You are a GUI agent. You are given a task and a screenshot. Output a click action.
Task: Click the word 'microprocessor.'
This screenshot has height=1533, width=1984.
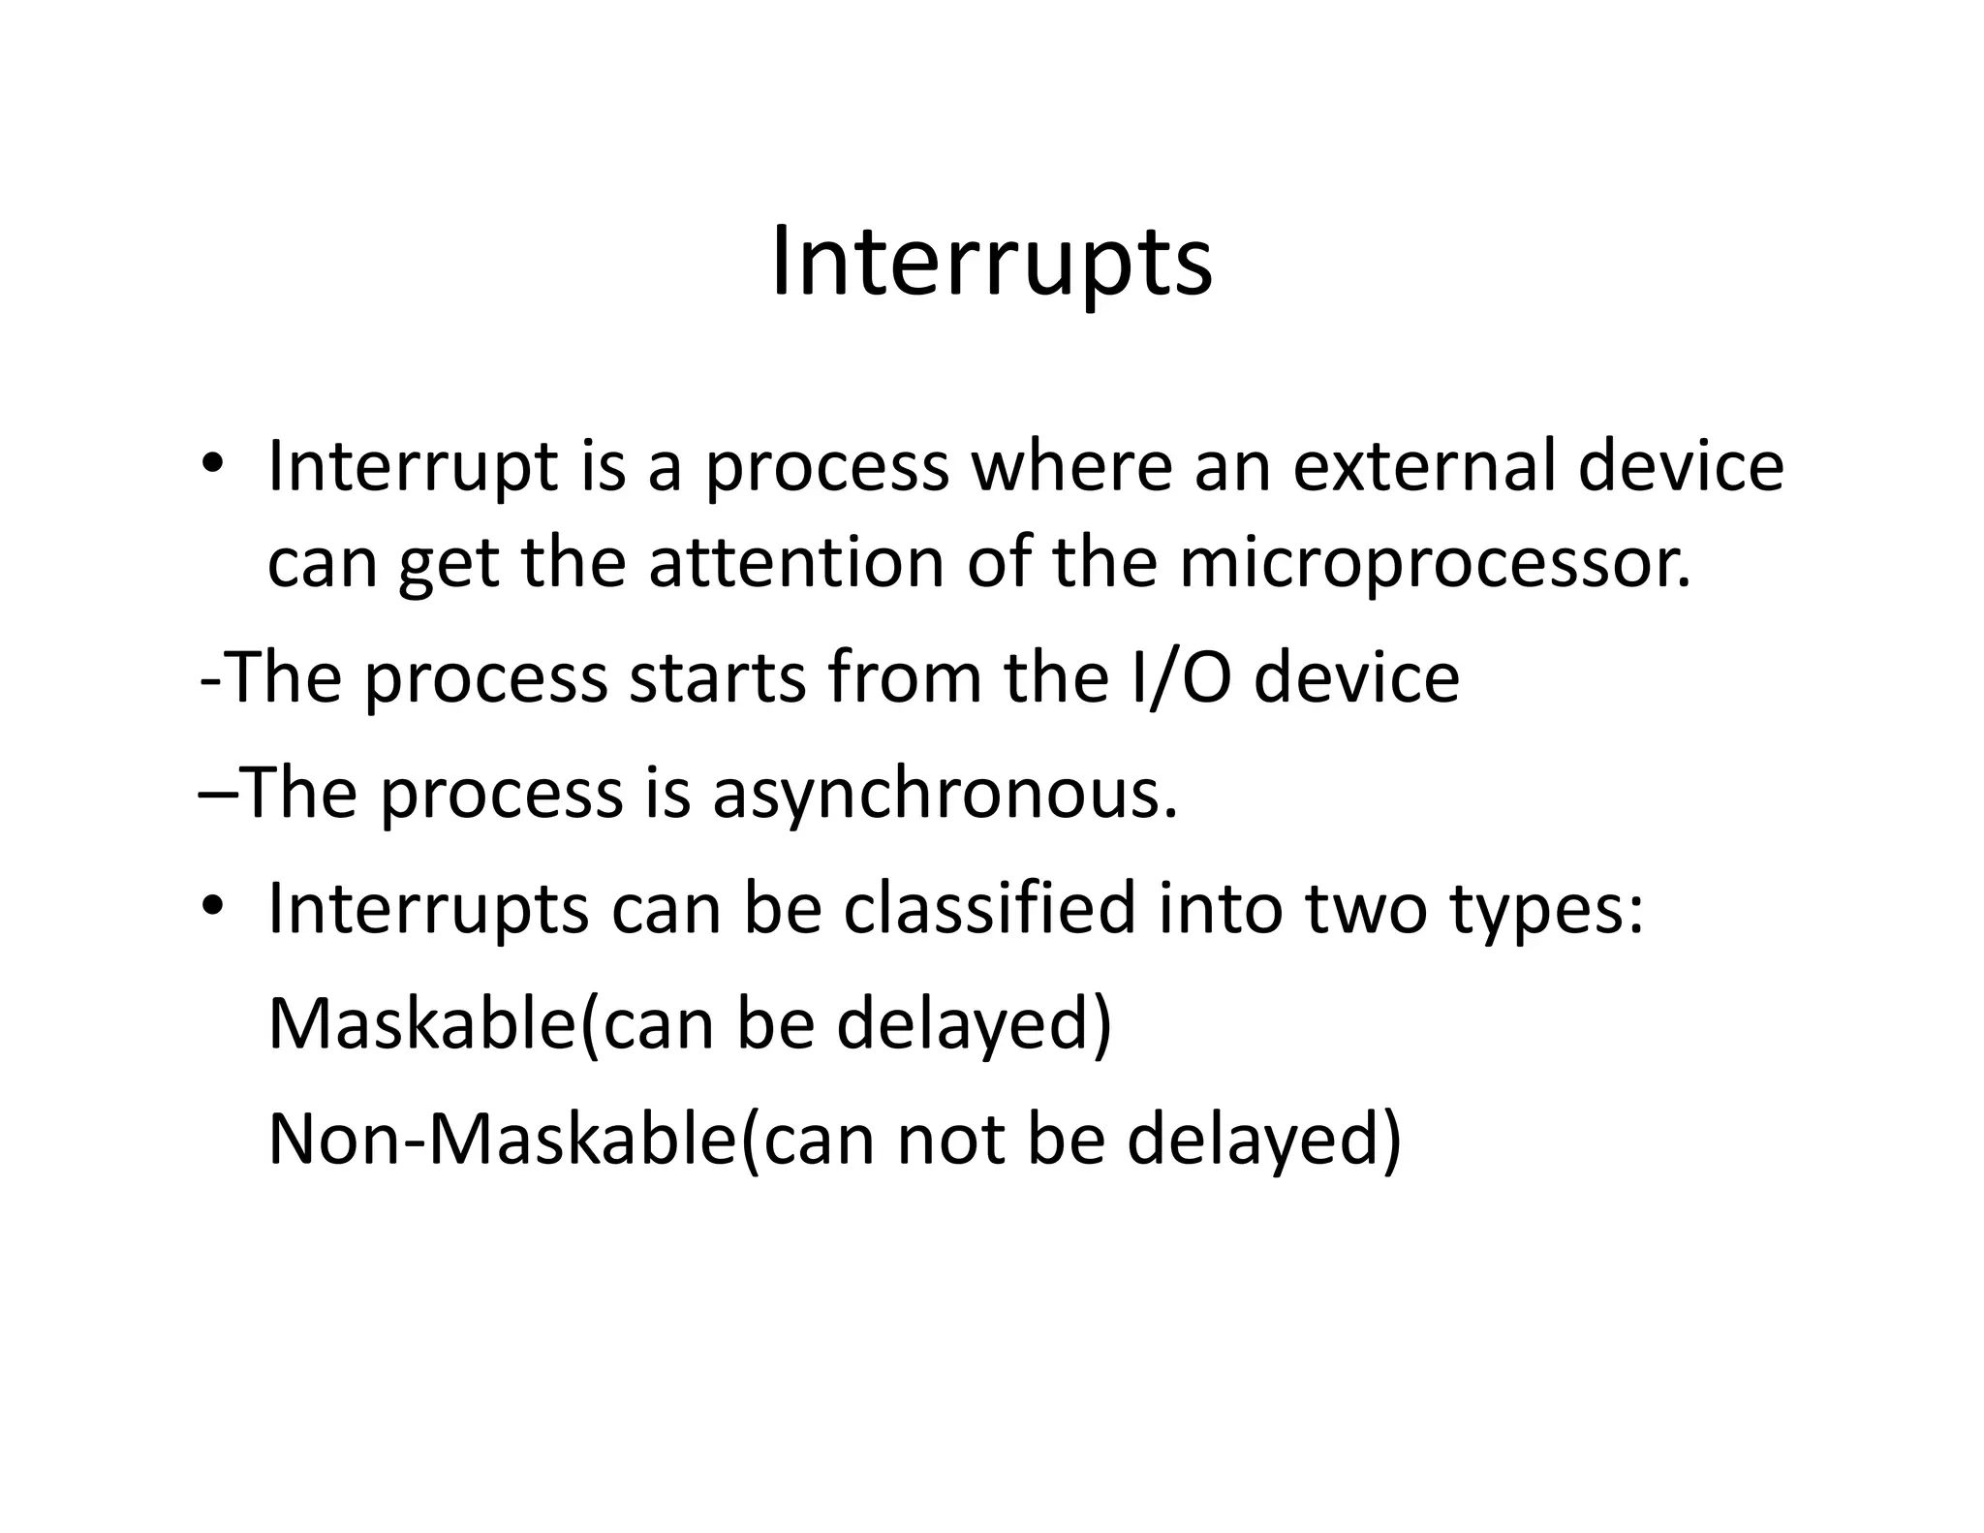tap(1435, 564)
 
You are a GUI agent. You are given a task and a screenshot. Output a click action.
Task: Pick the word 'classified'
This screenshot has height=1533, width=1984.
tap(988, 909)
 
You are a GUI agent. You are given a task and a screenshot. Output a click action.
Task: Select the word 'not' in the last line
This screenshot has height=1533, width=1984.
tap(949, 1139)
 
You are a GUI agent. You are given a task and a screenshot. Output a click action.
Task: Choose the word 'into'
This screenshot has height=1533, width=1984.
tap(1221, 909)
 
